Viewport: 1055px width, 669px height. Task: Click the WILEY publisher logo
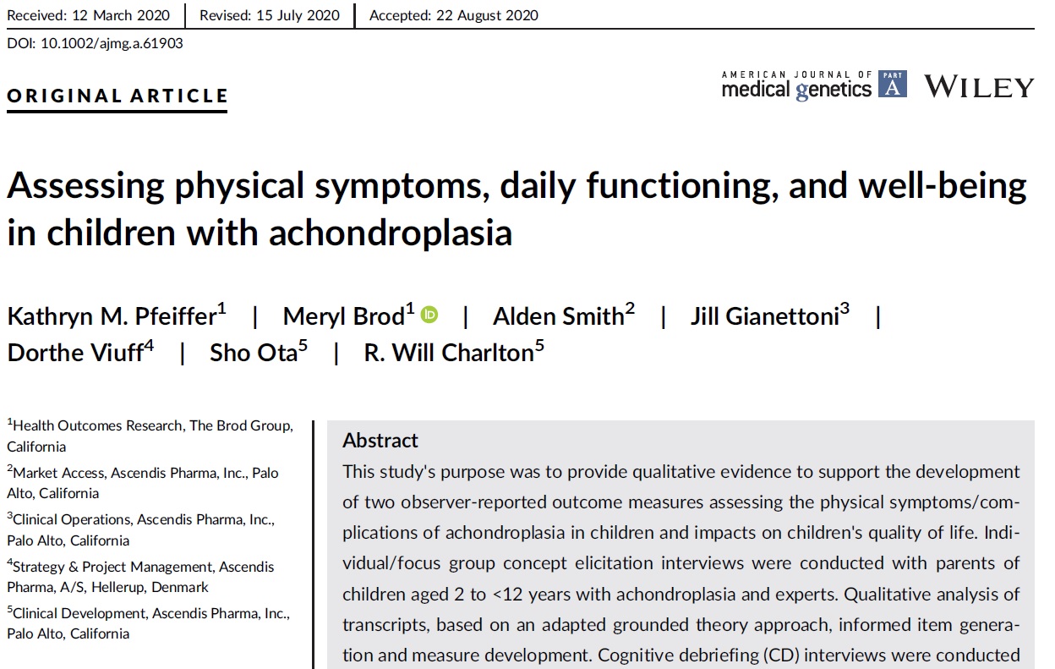click(x=979, y=87)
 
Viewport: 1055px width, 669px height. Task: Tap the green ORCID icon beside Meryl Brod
click(x=430, y=315)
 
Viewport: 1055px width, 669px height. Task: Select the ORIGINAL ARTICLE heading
click(x=118, y=96)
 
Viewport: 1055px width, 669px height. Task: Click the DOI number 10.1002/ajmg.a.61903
click(x=112, y=43)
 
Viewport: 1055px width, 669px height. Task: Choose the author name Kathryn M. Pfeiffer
click(x=112, y=317)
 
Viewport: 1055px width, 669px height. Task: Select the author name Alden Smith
click(x=558, y=317)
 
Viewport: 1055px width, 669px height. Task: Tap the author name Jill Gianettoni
click(x=764, y=317)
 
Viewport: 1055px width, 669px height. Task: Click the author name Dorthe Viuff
click(x=75, y=353)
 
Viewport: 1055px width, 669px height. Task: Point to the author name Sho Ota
click(x=254, y=353)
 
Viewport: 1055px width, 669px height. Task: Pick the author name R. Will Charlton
click(x=448, y=353)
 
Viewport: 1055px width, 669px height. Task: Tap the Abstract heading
click(x=380, y=441)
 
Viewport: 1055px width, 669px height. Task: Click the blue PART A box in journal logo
click(x=893, y=85)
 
